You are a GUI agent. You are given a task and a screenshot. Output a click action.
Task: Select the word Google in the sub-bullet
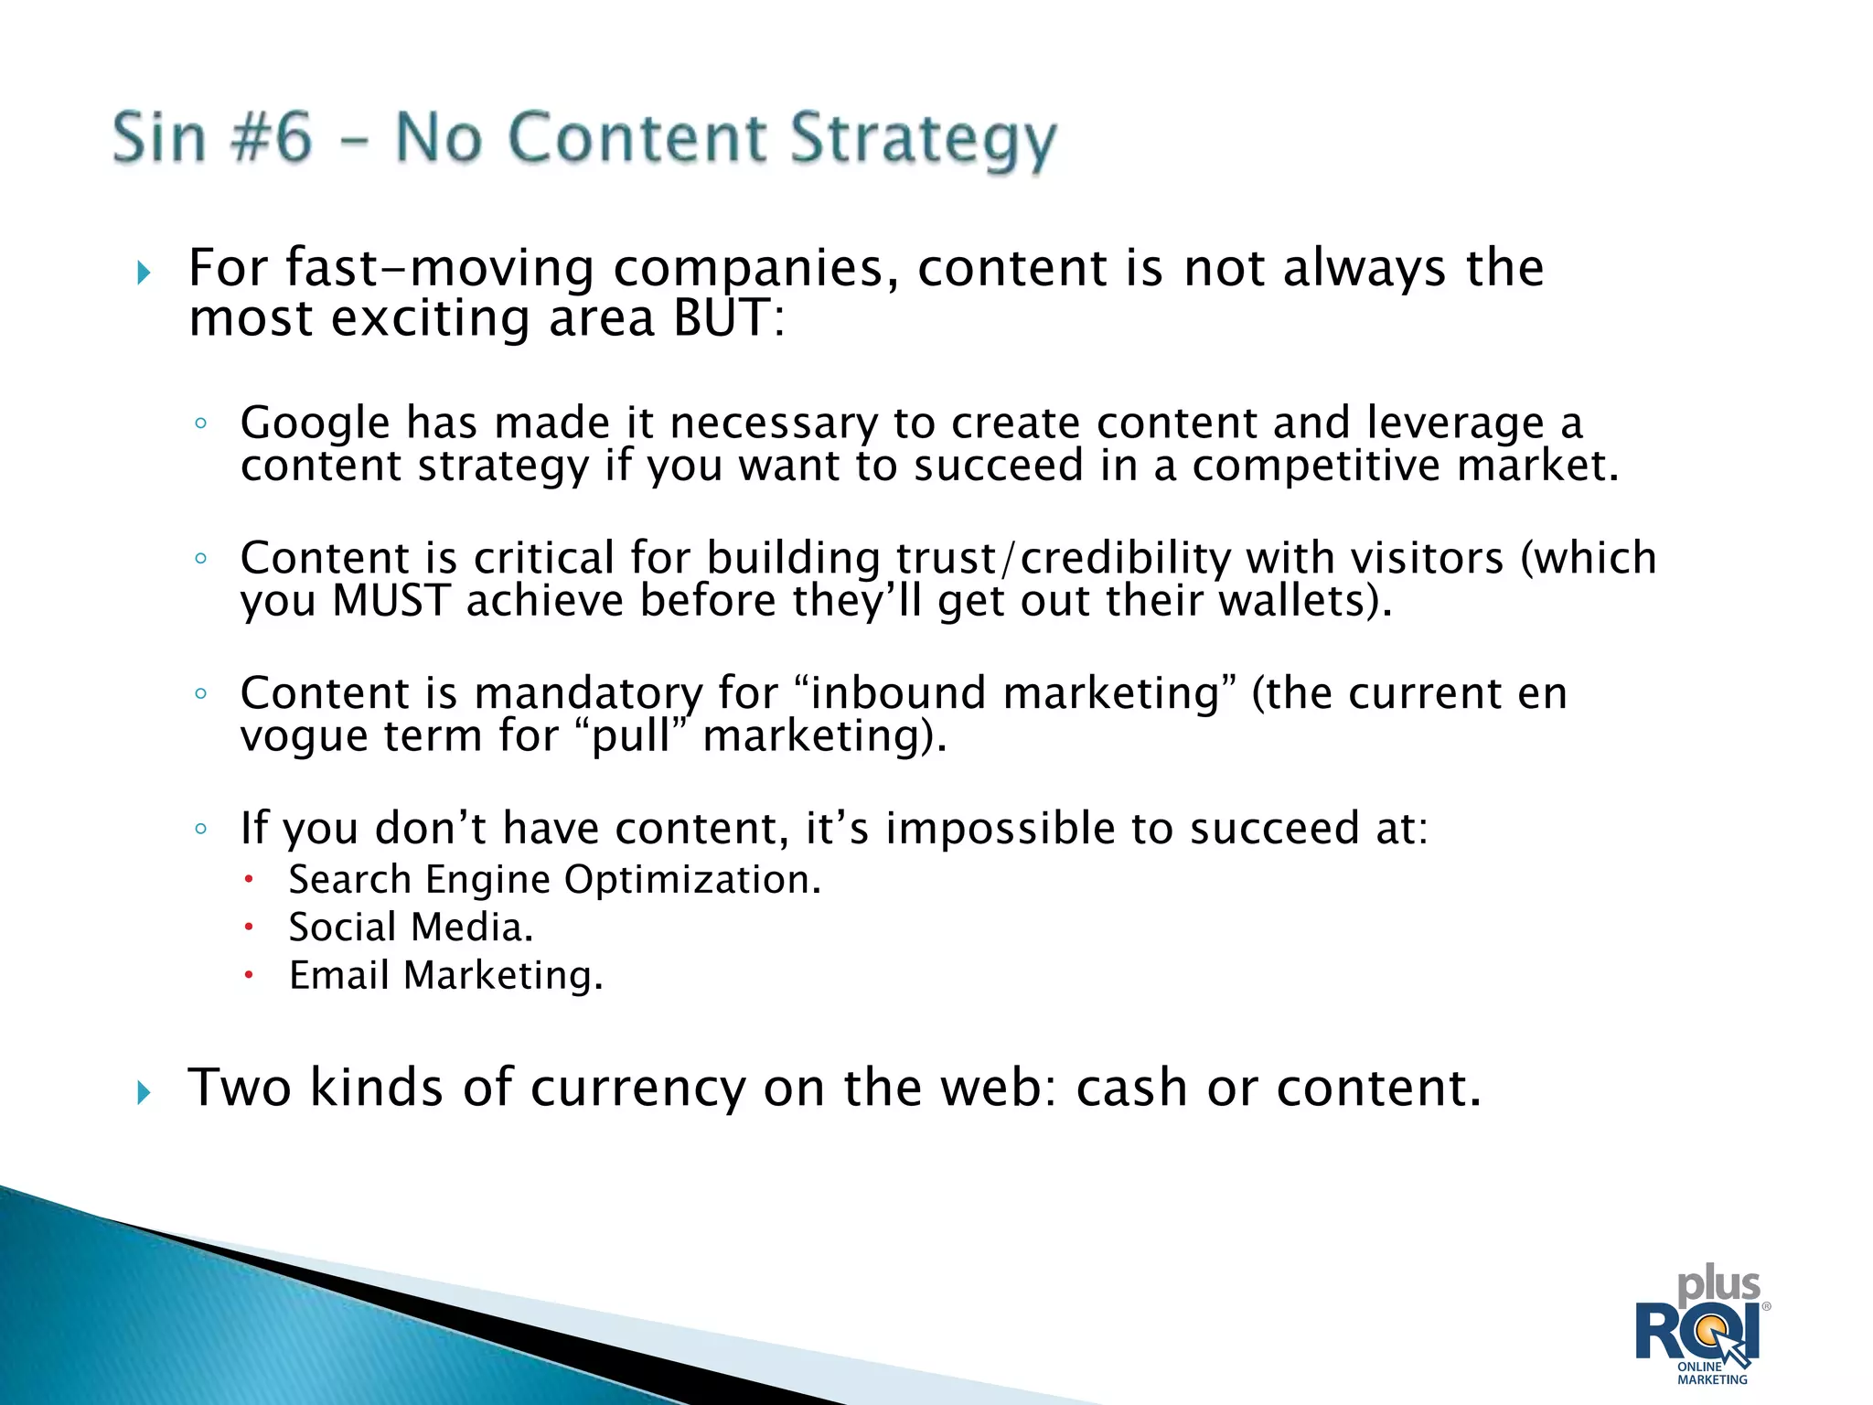pyautogui.click(x=315, y=424)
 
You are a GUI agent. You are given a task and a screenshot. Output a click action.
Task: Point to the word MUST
pyautogui.click(x=391, y=601)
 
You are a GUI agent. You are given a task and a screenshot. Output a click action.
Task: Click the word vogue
pyautogui.click(x=304, y=736)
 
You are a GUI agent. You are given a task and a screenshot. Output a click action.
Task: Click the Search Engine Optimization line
pyautogui.click(x=554, y=880)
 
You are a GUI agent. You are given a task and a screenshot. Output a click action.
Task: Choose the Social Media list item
pyautogui.click(x=411, y=928)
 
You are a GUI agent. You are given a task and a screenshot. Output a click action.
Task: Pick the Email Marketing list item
pyautogui.click(x=445, y=975)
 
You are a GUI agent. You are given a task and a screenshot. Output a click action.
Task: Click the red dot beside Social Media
pyautogui.click(x=248, y=927)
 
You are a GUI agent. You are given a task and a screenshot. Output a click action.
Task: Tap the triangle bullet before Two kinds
pyautogui.click(x=144, y=1091)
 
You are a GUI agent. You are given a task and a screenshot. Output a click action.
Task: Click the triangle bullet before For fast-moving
pyautogui.click(x=144, y=272)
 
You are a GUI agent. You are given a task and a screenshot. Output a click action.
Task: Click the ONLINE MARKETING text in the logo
pyautogui.click(x=1712, y=1373)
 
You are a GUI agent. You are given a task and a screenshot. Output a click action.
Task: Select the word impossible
pyautogui.click(x=1000, y=829)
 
